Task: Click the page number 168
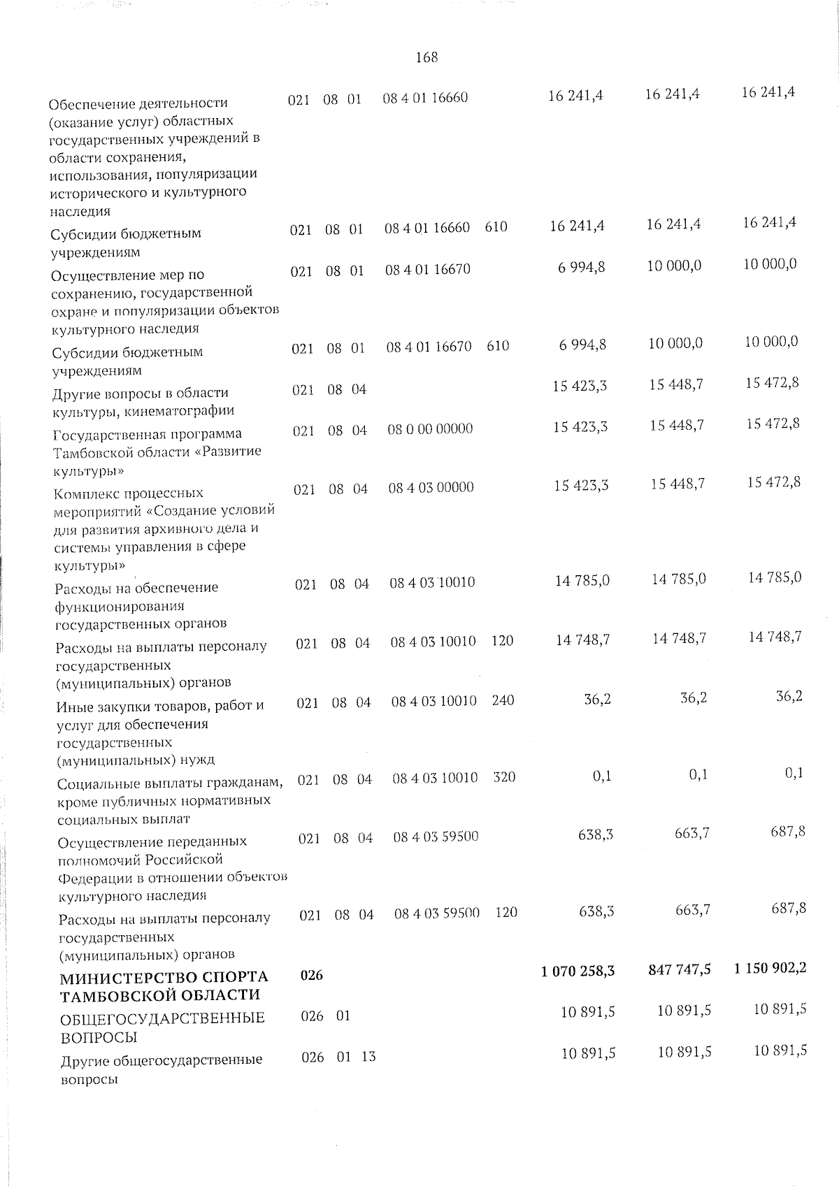click(x=426, y=58)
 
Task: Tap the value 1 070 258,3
click(x=578, y=970)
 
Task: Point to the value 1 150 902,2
click(x=770, y=968)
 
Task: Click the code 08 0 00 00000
click(x=430, y=428)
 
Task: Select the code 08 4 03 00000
click(x=431, y=487)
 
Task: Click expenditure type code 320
click(x=504, y=776)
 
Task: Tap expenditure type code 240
click(x=503, y=700)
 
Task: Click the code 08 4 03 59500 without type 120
click(x=436, y=837)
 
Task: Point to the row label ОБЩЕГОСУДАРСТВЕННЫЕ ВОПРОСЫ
click(x=162, y=1027)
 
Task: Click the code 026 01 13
click(x=338, y=1057)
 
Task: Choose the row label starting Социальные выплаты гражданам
click(x=170, y=800)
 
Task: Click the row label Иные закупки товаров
click(x=159, y=732)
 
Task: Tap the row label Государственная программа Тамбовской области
click(x=157, y=451)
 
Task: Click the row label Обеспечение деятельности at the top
click(x=154, y=157)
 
